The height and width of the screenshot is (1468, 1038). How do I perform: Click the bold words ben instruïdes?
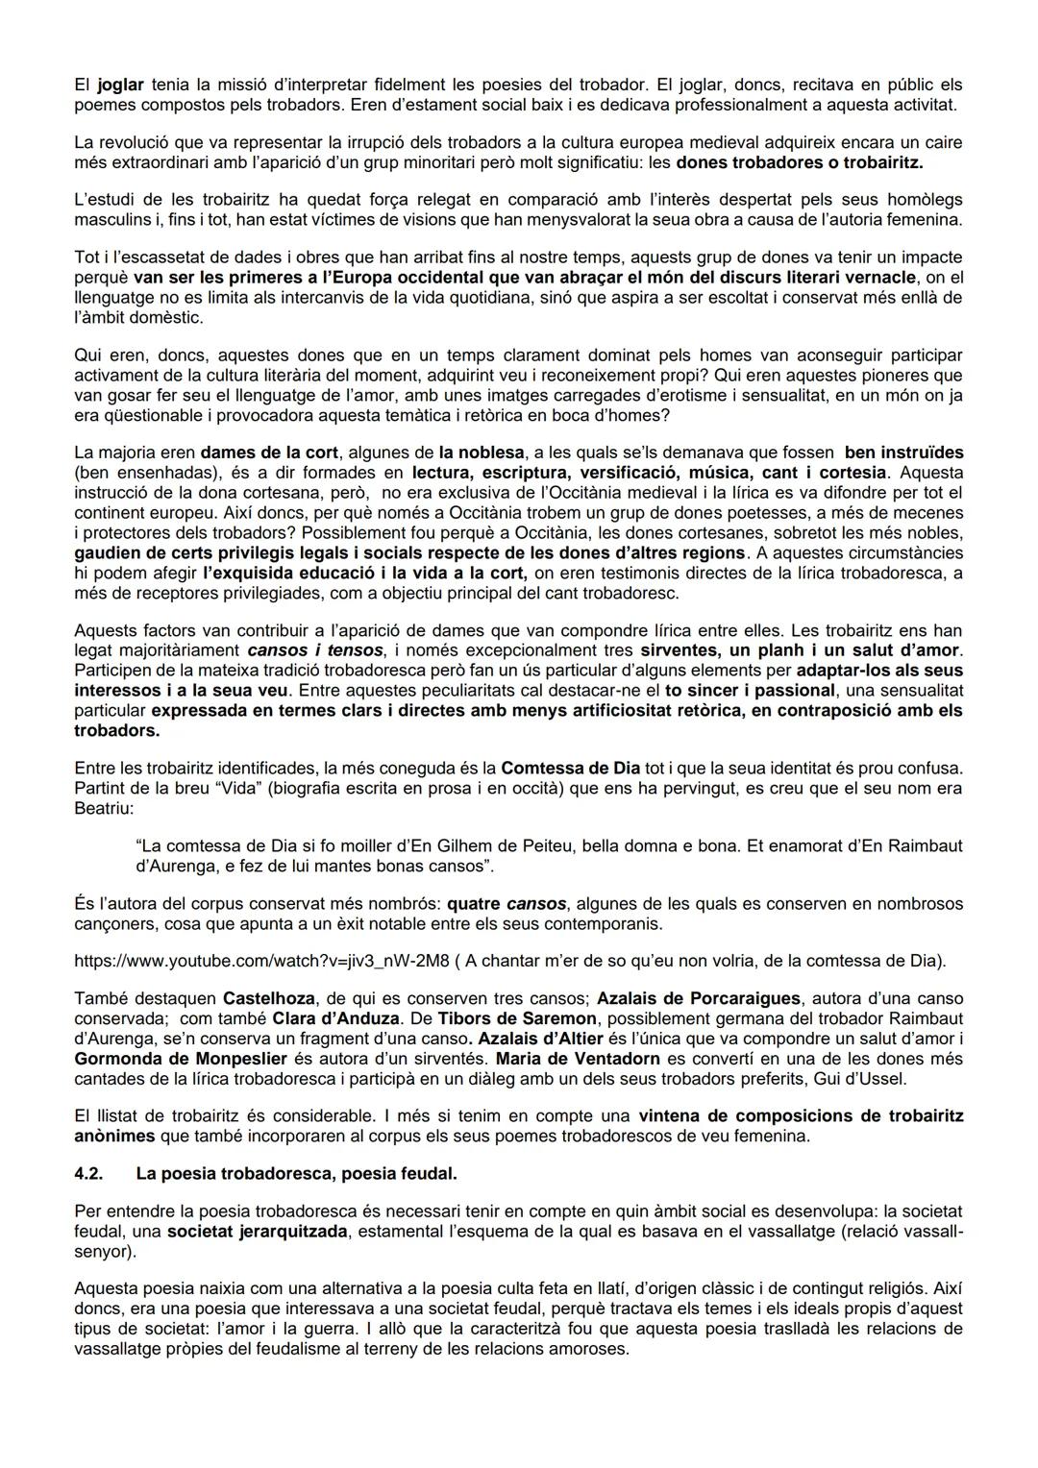point(903,452)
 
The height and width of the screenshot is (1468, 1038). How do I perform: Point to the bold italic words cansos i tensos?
point(301,650)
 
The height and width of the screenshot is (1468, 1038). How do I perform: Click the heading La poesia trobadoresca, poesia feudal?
point(296,1174)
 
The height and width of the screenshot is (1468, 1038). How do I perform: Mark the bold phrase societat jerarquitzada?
point(257,1233)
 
